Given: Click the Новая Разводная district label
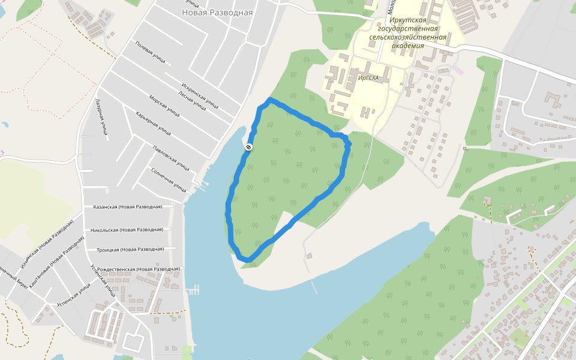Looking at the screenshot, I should click(217, 12).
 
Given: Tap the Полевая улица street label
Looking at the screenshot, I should click(150, 52).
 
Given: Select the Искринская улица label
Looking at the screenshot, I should click(199, 92).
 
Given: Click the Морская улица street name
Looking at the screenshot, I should click(164, 106).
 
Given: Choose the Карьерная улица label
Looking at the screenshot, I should click(153, 123).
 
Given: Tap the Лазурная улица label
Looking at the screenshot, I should click(100, 117).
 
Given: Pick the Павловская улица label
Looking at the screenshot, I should click(171, 157).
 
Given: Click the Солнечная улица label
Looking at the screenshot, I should click(169, 179).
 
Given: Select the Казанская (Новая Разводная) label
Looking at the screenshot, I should click(128, 206).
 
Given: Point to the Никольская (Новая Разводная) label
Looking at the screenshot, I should click(127, 229).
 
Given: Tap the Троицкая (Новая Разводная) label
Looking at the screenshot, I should click(130, 249).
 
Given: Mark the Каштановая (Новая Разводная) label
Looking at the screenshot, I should click(56, 262).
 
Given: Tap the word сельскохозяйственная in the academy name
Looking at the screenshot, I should click(409, 37).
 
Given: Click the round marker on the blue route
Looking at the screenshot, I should click(248, 147).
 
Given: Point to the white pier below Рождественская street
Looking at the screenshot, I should click(193, 291).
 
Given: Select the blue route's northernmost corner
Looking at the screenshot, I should click(271, 98).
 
